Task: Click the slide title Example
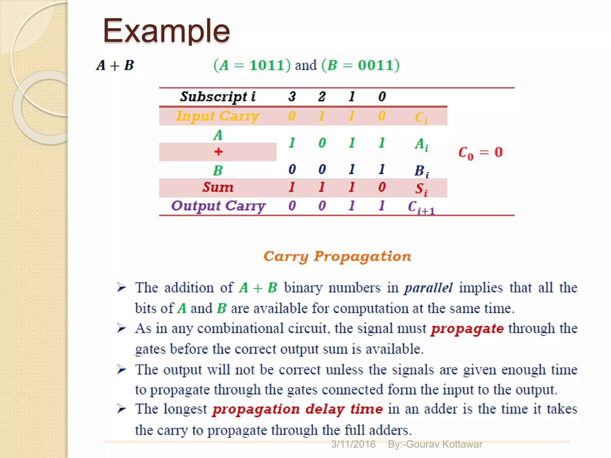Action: (166, 31)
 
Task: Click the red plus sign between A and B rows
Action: (218, 152)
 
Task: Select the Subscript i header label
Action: (218, 97)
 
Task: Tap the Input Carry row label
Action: (218, 116)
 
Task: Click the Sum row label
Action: (218, 188)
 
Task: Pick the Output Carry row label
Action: (218, 206)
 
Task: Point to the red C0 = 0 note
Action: (480, 153)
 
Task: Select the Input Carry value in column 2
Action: (322, 116)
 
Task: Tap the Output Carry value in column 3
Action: (292, 206)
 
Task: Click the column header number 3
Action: (292, 97)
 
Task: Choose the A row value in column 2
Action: (322, 143)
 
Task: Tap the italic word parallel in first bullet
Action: (428, 288)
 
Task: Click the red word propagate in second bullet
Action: (467, 329)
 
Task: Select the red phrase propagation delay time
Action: (297, 409)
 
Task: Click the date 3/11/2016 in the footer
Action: (353, 444)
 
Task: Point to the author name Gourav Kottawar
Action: (444, 444)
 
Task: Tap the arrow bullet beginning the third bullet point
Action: (121, 370)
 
